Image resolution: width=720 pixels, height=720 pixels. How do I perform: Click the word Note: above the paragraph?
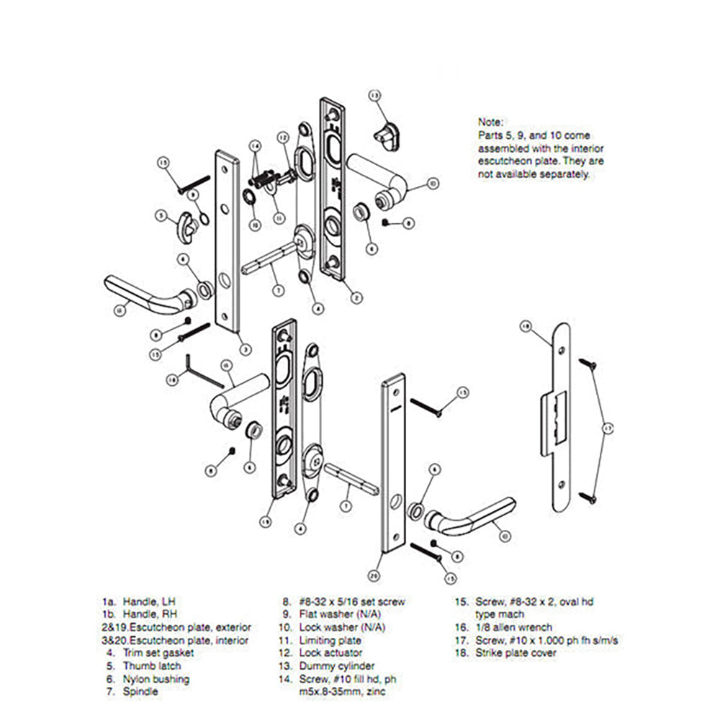[491, 122]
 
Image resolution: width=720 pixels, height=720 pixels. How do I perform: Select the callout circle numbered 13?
[374, 95]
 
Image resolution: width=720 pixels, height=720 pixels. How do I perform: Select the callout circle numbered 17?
[607, 429]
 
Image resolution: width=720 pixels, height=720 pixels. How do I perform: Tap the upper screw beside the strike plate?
[589, 364]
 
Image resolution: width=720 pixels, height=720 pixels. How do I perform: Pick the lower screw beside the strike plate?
[589, 495]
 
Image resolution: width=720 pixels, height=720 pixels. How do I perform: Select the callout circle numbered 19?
[266, 520]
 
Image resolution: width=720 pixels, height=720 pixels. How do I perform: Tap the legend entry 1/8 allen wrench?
[507, 640]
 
